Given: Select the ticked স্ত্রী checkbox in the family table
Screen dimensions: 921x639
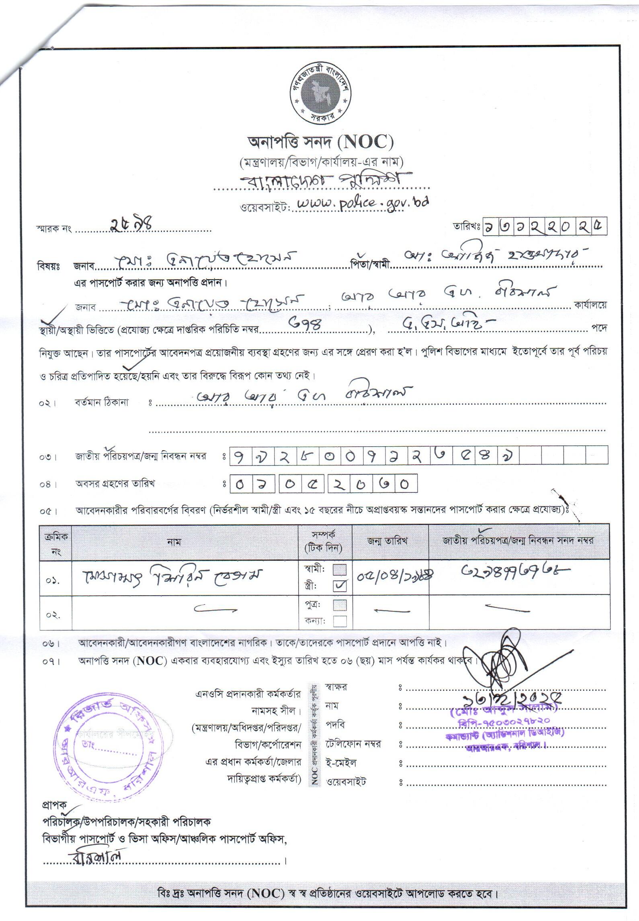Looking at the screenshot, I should [340, 586].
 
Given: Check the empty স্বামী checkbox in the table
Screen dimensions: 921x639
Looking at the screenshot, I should [340, 570].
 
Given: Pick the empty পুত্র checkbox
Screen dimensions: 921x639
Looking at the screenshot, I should [340, 605].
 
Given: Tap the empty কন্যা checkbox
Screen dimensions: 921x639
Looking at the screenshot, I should [340, 621].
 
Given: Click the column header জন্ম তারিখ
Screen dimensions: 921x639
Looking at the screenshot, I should [387, 541].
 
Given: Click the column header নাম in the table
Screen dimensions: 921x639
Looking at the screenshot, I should [174, 542].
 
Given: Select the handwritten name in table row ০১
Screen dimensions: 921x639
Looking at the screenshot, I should [173, 578].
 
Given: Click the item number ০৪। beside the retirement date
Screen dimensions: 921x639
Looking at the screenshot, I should [48, 485].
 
